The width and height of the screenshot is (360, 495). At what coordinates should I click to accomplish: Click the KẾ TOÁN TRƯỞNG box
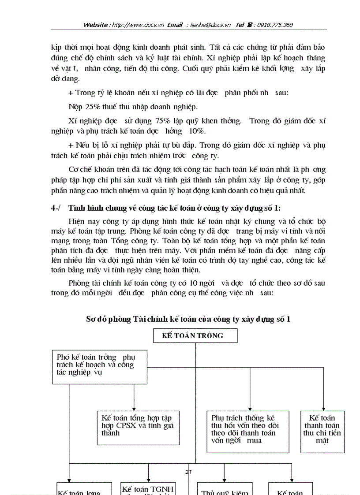pos(195,335)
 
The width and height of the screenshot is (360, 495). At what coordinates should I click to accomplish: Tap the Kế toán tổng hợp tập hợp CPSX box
pos(138,428)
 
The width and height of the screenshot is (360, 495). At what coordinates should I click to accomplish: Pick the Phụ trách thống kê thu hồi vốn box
pos(248,432)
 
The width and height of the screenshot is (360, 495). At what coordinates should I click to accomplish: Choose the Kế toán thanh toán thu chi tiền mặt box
pos(322,432)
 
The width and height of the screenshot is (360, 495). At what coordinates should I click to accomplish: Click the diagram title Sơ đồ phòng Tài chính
pos(188,319)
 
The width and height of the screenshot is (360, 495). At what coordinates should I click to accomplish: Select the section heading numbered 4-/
pos(165,208)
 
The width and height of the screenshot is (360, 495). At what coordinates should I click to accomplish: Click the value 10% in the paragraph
pos(196,131)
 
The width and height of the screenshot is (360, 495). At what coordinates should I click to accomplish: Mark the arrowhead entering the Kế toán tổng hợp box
pos(134,409)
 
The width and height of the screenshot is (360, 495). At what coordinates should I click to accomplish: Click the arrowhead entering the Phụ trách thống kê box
pos(250,409)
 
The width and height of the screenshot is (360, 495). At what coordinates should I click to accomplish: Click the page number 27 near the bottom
pos(188,472)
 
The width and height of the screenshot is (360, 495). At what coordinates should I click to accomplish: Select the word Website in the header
pos(95,25)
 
